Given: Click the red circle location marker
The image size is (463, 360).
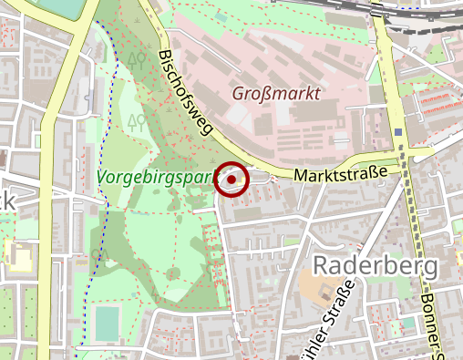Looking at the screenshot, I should (x=231, y=180).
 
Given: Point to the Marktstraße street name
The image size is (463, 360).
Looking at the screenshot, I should (x=341, y=173).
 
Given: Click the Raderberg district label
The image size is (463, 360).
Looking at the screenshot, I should (x=376, y=265).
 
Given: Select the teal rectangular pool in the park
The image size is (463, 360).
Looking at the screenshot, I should (x=107, y=322).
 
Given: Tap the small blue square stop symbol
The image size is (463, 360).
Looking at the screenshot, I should (x=399, y=132).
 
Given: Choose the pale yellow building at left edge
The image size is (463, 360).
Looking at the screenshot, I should (x=18, y=261).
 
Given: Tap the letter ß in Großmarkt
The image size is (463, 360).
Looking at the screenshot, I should (x=262, y=93).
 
